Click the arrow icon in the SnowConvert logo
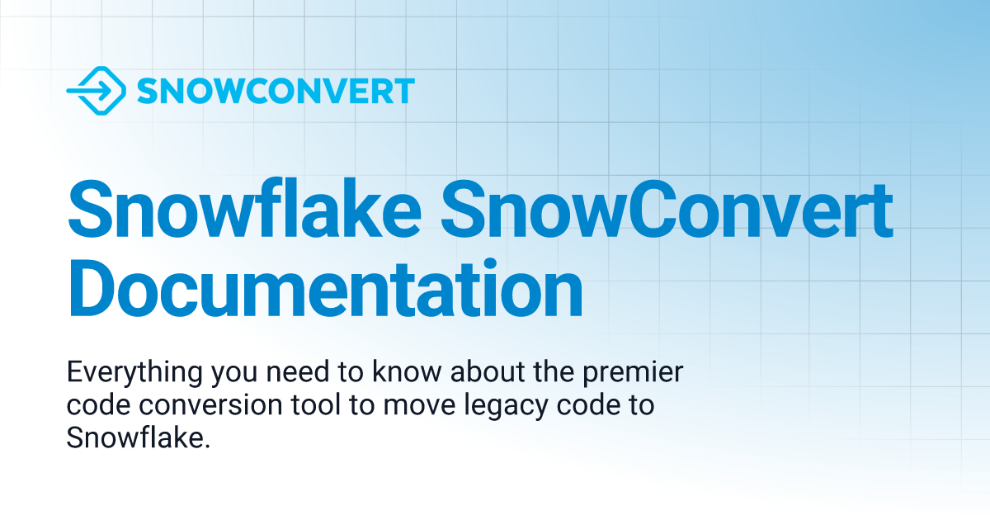tap(96, 91)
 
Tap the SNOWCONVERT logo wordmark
tap(276, 91)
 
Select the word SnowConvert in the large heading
tap(668, 212)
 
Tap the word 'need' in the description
tap(280, 374)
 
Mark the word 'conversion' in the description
tap(191, 406)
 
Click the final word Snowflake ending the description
tap(135, 438)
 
